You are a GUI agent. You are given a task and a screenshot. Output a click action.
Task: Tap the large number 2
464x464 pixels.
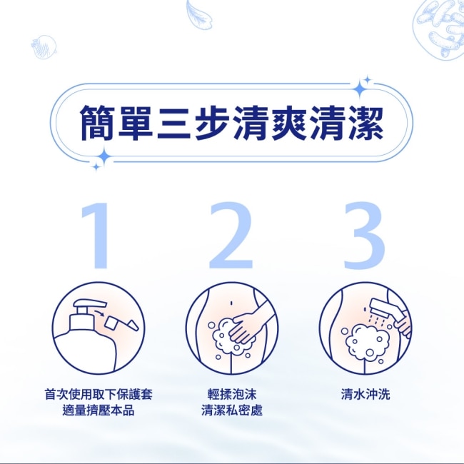click(x=231, y=236)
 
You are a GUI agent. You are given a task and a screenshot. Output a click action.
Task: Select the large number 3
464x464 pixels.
click(x=365, y=236)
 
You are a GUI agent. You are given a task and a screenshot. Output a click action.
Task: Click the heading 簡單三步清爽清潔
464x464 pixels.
click(x=232, y=123)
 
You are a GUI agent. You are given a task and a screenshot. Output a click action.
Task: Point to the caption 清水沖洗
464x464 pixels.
click(x=365, y=394)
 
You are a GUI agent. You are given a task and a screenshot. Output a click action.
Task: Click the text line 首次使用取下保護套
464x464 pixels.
click(x=99, y=394)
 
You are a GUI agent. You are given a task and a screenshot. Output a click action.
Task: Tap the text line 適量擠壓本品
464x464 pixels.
click(x=99, y=410)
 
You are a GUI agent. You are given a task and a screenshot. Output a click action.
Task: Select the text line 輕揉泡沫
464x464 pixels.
click(x=232, y=394)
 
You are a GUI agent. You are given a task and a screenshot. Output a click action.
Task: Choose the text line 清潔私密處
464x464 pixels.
click(x=232, y=410)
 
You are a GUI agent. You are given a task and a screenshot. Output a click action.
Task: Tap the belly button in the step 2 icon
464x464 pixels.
click(x=231, y=303)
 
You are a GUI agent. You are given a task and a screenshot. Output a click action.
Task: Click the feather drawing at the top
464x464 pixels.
click(x=199, y=15)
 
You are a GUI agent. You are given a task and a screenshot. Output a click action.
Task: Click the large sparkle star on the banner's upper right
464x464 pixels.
click(x=360, y=89)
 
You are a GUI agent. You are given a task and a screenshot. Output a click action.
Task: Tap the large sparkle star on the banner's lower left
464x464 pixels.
click(x=104, y=157)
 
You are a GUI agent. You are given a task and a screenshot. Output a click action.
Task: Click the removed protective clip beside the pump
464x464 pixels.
click(x=121, y=324)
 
